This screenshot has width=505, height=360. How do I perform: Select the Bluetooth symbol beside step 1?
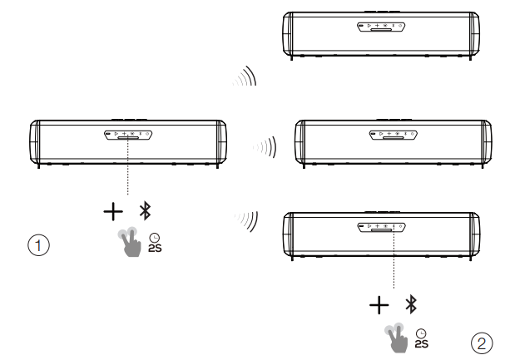[x=144, y=212]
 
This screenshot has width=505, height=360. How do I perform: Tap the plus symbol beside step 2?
[x=376, y=305]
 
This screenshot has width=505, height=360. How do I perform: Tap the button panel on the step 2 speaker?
[x=380, y=226]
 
